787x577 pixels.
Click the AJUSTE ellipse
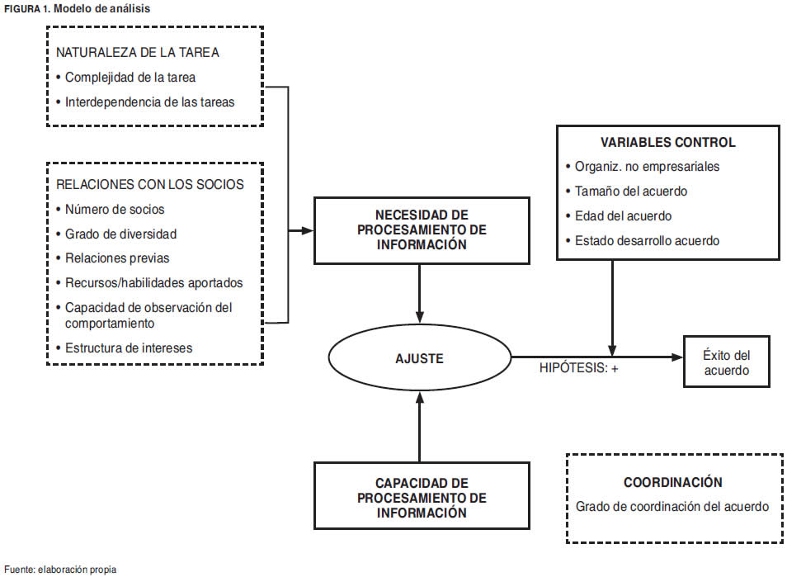[419, 358]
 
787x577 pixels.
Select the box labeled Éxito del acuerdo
[726, 362]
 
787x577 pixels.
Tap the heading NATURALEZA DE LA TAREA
[137, 52]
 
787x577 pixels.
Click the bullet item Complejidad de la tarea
[130, 78]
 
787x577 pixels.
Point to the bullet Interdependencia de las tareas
[149, 102]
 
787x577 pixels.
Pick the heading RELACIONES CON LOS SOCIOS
[150, 184]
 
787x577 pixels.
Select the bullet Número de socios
[115, 209]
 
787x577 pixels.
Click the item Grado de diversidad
[120, 234]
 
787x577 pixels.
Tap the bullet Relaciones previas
[117, 258]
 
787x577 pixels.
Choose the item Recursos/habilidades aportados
[154, 282]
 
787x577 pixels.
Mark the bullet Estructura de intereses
[129, 348]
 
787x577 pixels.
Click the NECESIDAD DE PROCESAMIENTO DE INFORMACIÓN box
[422, 230]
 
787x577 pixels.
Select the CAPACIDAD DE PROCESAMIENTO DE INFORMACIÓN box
[422, 497]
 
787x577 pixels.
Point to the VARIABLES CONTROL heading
[668, 142]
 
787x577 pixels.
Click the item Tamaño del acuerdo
[631, 191]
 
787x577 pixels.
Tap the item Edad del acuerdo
[624, 215]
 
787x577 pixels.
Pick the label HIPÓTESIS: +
[578, 368]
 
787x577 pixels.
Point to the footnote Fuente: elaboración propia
[60, 569]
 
